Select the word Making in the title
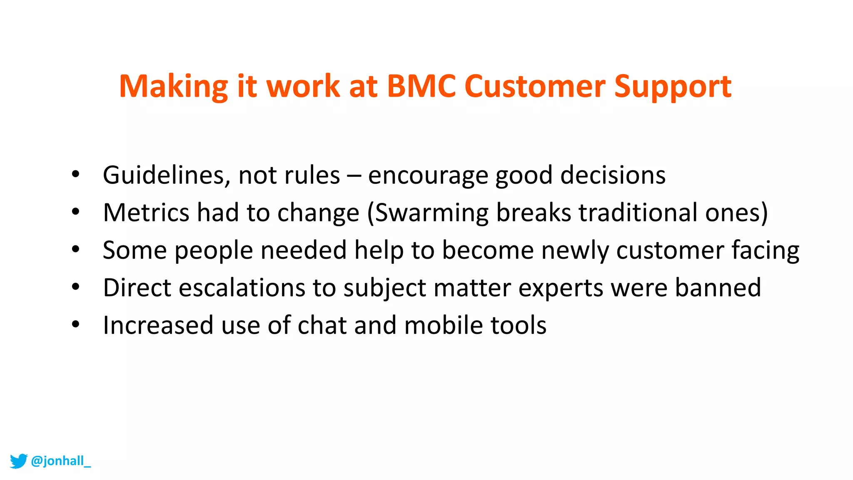(173, 86)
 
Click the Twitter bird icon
(18, 461)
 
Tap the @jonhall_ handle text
(61, 461)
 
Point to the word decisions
(613, 175)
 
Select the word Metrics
(146, 212)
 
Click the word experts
(561, 288)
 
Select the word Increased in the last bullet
(158, 325)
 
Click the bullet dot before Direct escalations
(75, 287)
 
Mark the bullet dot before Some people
(75, 249)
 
